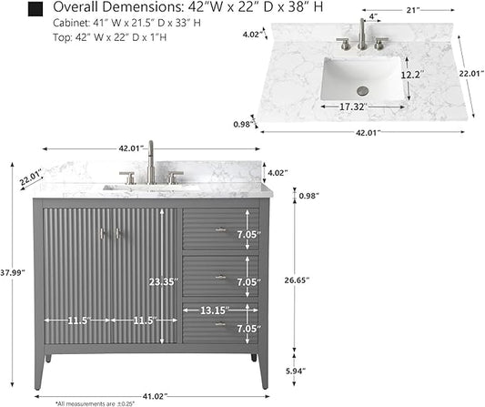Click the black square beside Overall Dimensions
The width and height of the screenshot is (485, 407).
tap(35, 9)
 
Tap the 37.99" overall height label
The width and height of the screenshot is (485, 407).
tap(13, 272)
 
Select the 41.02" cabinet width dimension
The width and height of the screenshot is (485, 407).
tap(155, 396)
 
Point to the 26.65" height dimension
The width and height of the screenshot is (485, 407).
tap(297, 280)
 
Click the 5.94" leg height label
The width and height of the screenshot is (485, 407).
tap(296, 371)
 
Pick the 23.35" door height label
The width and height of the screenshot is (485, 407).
tap(164, 282)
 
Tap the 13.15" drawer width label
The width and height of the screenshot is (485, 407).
tap(215, 310)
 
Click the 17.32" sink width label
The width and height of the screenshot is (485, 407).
tap(353, 107)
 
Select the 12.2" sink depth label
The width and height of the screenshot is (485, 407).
tap(412, 75)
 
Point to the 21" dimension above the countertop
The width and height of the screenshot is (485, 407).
tap(412, 11)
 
